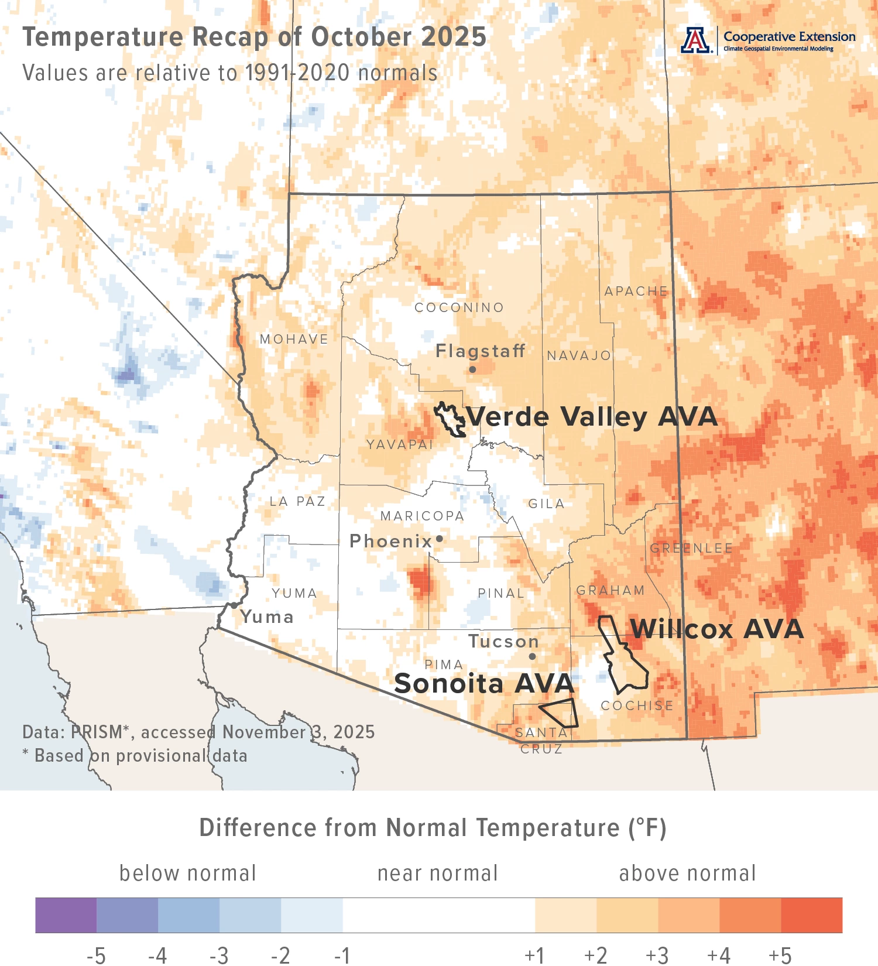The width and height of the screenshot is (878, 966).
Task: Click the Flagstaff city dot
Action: click(x=472, y=369)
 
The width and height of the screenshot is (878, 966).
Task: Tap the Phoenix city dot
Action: click(x=440, y=539)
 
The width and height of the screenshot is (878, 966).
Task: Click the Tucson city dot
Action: click(x=532, y=656)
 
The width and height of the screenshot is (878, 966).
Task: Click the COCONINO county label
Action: click(x=459, y=307)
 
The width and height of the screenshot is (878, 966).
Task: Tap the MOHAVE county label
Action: click(x=294, y=339)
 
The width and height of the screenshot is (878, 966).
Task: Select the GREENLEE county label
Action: click(x=691, y=548)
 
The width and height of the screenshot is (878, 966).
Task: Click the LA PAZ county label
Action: click(x=297, y=501)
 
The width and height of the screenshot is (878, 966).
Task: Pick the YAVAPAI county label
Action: click(x=400, y=444)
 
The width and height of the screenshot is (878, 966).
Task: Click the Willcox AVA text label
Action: click(x=717, y=629)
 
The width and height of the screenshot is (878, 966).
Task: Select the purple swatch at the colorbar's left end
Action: click(x=66, y=915)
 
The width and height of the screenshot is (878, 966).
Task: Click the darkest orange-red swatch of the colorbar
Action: click(x=811, y=915)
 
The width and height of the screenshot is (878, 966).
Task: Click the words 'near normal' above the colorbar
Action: click(x=437, y=873)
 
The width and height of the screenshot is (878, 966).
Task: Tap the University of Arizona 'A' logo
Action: click(x=695, y=40)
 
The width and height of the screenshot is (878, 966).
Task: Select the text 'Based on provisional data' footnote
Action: click(x=140, y=756)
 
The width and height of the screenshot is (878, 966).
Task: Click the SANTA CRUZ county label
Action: click(x=541, y=741)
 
